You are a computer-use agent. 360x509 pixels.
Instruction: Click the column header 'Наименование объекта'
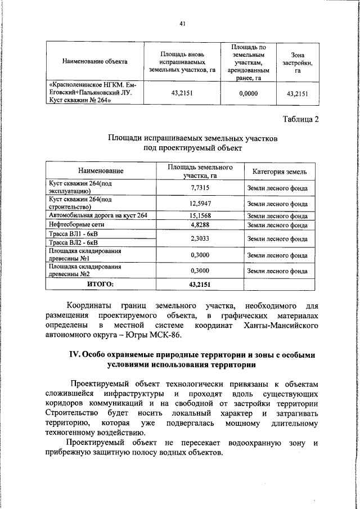[x=94, y=61]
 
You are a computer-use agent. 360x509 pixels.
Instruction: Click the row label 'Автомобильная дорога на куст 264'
[x=98, y=215]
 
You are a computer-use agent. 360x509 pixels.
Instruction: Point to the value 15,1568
[x=200, y=215]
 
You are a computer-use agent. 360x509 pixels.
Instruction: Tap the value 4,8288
[x=200, y=224]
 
